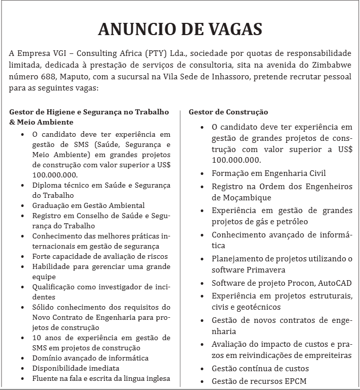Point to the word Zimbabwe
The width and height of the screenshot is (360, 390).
pyautogui.click(x=329, y=65)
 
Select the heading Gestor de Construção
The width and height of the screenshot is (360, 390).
pyautogui.click(x=228, y=112)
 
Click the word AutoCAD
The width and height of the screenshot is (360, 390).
pyautogui.click(x=334, y=283)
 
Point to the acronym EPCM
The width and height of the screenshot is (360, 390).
pyautogui.click(x=292, y=381)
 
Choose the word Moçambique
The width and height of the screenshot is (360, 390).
pyautogui.click(x=242, y=197)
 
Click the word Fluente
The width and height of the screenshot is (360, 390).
pyautogui.click(x=45, y=378)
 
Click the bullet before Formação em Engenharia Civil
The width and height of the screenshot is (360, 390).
pyautogui.click(x=202, y=173)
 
